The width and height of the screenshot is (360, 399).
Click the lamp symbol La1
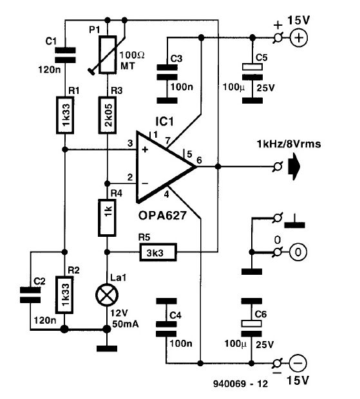107,295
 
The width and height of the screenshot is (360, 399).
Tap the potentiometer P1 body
108,55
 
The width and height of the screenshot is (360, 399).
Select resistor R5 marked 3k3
158,252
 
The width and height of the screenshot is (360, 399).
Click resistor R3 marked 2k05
108,115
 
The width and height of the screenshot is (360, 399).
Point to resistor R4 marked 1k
107,218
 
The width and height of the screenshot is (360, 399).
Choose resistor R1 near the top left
65,115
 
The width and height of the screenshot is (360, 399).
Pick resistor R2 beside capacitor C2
64,294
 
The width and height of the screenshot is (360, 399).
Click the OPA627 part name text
162,216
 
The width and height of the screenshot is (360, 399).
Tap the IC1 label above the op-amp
165,122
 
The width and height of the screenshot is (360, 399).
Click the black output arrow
294,167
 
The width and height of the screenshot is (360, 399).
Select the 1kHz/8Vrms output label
289,144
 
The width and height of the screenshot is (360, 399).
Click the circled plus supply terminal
299,38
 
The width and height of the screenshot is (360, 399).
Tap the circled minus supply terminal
298,363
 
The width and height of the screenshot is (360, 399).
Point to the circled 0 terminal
298,252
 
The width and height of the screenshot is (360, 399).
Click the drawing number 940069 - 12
240,384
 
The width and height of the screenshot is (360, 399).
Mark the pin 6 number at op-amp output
199,160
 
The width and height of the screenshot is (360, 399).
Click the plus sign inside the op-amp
145,149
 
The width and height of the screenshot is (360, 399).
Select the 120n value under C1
50,70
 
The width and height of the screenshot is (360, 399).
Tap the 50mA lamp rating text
126,324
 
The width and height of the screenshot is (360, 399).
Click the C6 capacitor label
260,315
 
